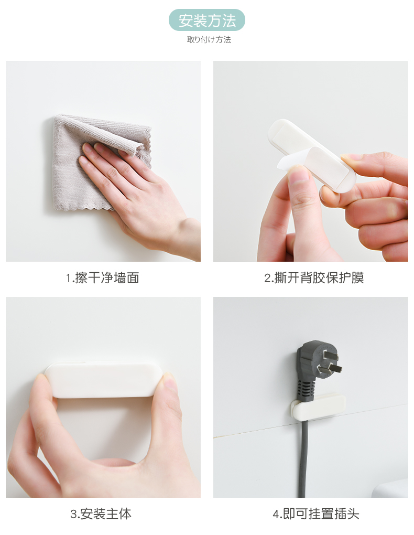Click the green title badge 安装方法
(x=206, y=20)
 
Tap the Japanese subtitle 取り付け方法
(x=209, y=39)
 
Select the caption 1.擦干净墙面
(x=102, y=278)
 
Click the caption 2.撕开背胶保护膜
(x=314, y=278)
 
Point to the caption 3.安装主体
(x=101, y=514)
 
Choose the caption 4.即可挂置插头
(x=316, y=514)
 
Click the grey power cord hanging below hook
(x=303, y=459)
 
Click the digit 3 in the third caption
(x=74, y=514)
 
